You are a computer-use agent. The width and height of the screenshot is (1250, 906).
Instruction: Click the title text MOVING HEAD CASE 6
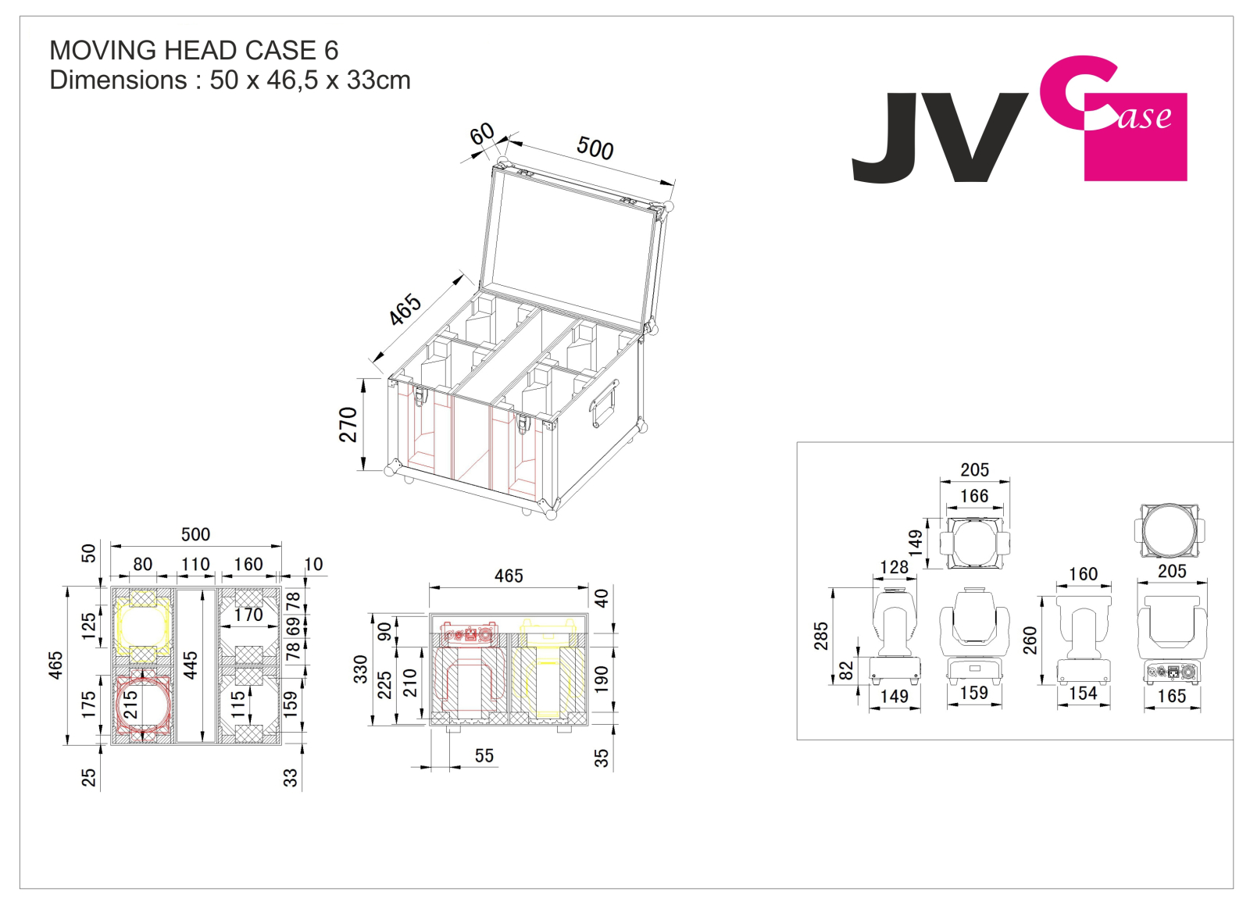tap(194, 50)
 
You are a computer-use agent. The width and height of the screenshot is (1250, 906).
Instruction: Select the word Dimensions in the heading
tap(118, 80)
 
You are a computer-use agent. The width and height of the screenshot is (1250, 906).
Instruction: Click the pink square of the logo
tap(1136, 137)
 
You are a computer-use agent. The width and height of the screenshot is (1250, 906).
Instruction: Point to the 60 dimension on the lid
tap(481, 134)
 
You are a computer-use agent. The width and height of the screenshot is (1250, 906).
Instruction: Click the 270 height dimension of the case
tap(348, 425)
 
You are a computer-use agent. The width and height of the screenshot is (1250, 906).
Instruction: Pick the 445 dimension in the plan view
tap(191, 665)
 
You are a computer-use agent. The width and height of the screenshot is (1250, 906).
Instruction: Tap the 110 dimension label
tap(195, 565)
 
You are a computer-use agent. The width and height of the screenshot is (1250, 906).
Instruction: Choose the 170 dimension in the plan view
tap(248, 615)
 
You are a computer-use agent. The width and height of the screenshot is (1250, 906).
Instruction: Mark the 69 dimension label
tap(294, 626)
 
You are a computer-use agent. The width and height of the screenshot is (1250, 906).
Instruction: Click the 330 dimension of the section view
tap(360, 669)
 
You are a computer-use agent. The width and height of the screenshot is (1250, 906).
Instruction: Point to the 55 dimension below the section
tap(484, 756)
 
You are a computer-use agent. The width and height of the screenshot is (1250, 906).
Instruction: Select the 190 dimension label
tap(601, 679)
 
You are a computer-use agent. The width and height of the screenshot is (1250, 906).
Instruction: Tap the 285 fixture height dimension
tap(821, 636)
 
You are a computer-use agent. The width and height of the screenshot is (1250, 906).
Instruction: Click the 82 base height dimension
tap(847, 671)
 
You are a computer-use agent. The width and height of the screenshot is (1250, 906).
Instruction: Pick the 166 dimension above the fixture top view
tap(973, 496)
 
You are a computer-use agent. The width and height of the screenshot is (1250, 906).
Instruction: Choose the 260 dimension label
tap(1030, 640)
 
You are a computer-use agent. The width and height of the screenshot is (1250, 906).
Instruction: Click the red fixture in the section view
tap(468, 667)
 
